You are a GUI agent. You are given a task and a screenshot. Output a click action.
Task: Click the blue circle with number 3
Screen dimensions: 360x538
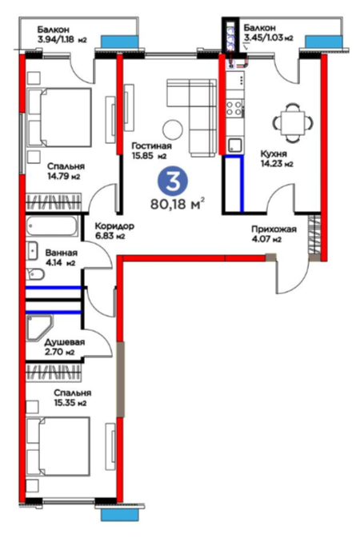[173, 181]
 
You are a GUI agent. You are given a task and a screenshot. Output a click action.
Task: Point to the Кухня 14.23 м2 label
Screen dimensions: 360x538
[277, 158]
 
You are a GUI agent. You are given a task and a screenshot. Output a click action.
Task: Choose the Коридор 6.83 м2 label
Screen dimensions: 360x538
[114, 230]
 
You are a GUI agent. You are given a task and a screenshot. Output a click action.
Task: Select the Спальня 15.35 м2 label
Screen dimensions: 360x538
[73, 397]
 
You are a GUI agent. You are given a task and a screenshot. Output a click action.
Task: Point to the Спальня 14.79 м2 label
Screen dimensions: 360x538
[66, 171]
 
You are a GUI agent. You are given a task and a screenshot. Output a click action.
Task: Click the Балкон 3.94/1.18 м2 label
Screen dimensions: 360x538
[62, 34]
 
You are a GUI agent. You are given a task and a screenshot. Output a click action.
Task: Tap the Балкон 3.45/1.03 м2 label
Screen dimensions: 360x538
[268, 33]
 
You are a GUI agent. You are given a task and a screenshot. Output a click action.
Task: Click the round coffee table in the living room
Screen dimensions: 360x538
[173, 130]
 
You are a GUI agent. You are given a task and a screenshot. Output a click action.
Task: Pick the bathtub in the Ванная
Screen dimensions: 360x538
[52, 225]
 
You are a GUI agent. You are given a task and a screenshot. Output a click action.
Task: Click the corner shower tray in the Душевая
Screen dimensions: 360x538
[39, 329]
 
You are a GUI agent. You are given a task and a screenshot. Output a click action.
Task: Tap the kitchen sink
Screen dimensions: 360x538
[235, 145]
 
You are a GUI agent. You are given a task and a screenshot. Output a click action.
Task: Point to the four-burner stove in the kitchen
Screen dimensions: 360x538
[235, 107]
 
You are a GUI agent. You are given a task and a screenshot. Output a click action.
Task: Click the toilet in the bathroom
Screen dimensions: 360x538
[35, 273]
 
